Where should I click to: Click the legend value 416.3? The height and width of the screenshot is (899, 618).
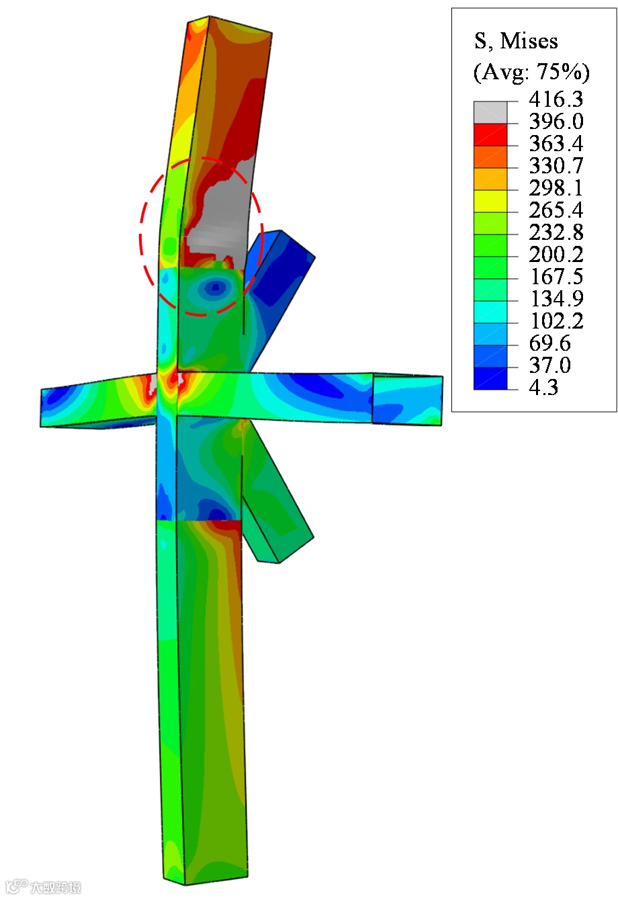point(556,99)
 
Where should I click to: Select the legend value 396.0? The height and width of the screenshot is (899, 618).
point(556,121)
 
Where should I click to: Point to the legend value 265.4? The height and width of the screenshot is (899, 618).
point(556,210)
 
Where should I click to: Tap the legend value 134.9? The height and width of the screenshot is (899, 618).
point(557,298)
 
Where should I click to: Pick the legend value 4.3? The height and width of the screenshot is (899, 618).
point(543,387)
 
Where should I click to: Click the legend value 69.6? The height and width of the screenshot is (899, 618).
point(549,343)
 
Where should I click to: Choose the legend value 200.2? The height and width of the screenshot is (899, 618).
point(556,254)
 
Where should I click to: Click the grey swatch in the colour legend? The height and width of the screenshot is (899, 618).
point(490,112)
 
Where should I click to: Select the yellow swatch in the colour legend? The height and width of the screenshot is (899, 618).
point(490,201)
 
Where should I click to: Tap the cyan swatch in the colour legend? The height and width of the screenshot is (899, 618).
point(490,312)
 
